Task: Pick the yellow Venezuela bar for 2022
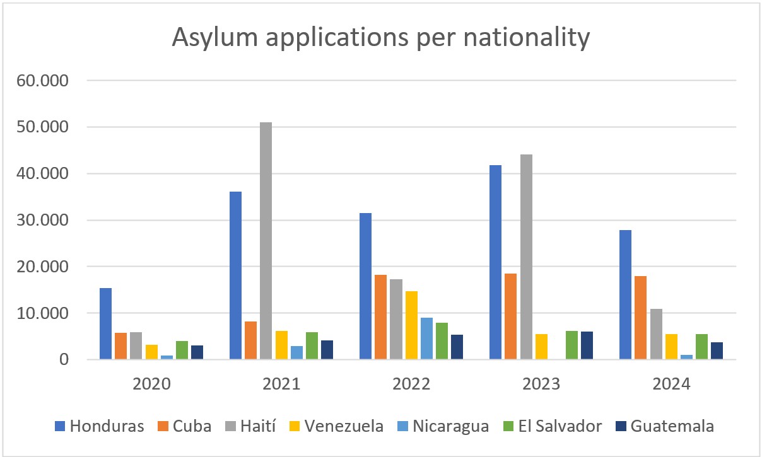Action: tap(411, 325)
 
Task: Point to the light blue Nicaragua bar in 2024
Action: tap(686, 357)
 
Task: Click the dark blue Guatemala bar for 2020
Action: tap(197, 352)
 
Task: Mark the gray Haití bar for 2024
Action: tap(655, 334)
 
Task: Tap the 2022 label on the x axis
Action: tap(411, 384)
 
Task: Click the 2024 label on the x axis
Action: tap(671, 384)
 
